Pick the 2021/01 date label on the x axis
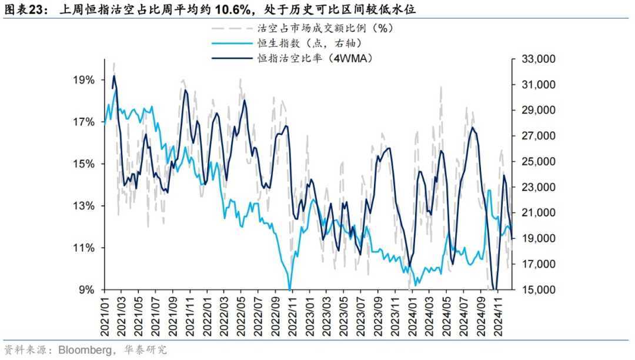(x=105, y=315)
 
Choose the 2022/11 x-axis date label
(x=292, y=315)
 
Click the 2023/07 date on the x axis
(x=360, y=315)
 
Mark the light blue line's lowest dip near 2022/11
(x=290, y=288)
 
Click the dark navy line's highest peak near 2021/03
(x=113, y=76)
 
